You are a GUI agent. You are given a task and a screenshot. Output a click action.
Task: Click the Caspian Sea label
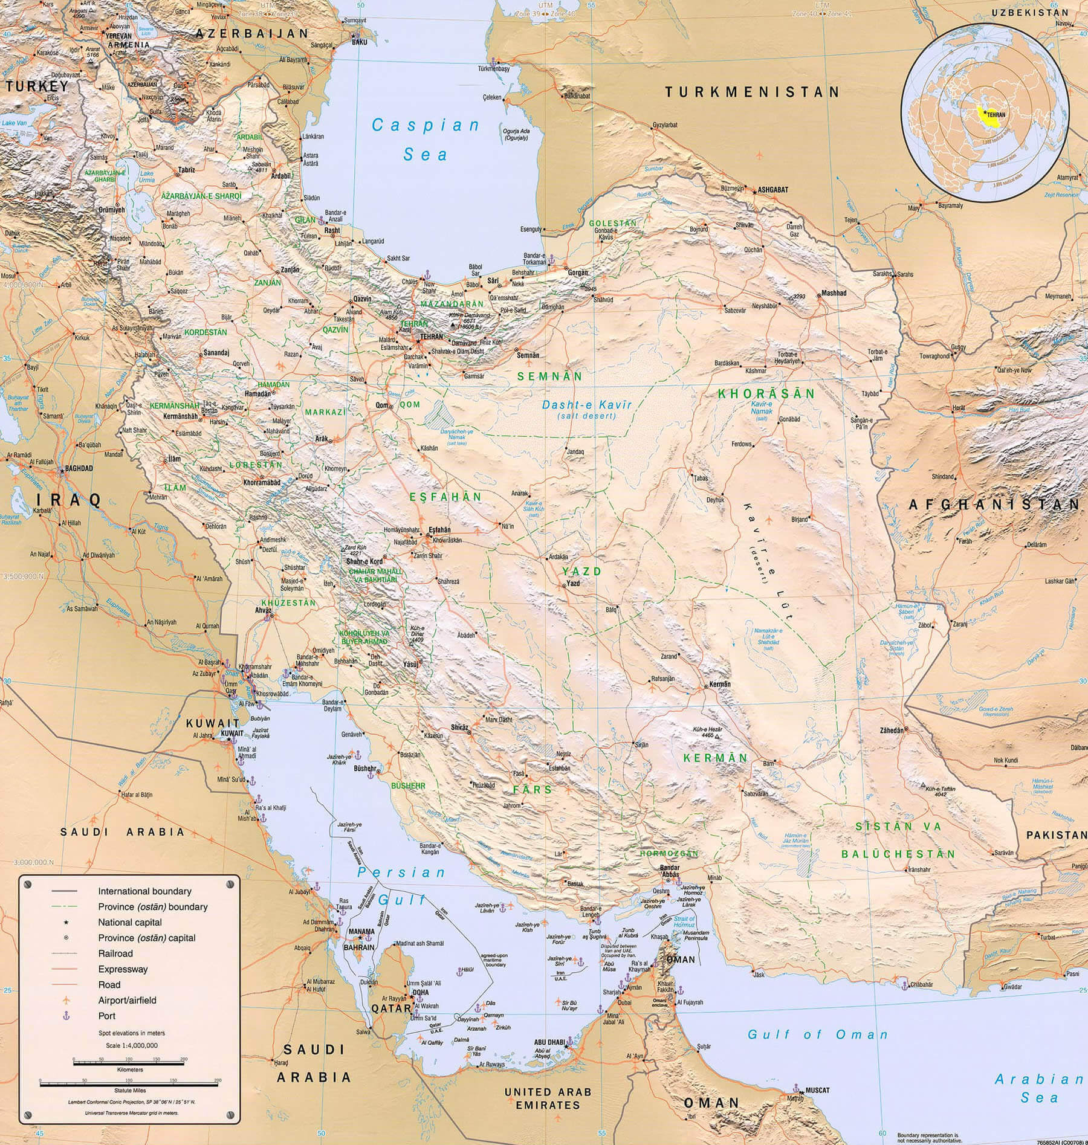pos(426,140)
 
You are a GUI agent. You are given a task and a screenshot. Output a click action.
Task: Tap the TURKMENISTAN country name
pos(752,92)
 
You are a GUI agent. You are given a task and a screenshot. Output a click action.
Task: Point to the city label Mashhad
pos(834,293)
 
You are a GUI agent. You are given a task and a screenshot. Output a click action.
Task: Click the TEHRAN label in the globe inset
pos(996,114)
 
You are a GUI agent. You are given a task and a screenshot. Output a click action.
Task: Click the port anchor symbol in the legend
pos(66,1016)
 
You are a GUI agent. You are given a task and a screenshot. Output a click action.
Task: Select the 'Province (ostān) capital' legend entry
pos(147,938)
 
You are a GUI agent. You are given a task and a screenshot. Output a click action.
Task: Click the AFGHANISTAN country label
pos(994,504)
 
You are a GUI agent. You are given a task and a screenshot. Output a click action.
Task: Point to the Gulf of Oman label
pos(818,1034)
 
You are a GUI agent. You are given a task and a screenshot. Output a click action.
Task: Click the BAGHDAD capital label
pos(79,468)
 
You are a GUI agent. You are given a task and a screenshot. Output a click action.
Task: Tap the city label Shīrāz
pos(459,728)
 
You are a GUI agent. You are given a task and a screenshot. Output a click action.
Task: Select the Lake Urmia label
pos(146,176)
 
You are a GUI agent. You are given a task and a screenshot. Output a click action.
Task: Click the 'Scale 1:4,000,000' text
pos(131,1045)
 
